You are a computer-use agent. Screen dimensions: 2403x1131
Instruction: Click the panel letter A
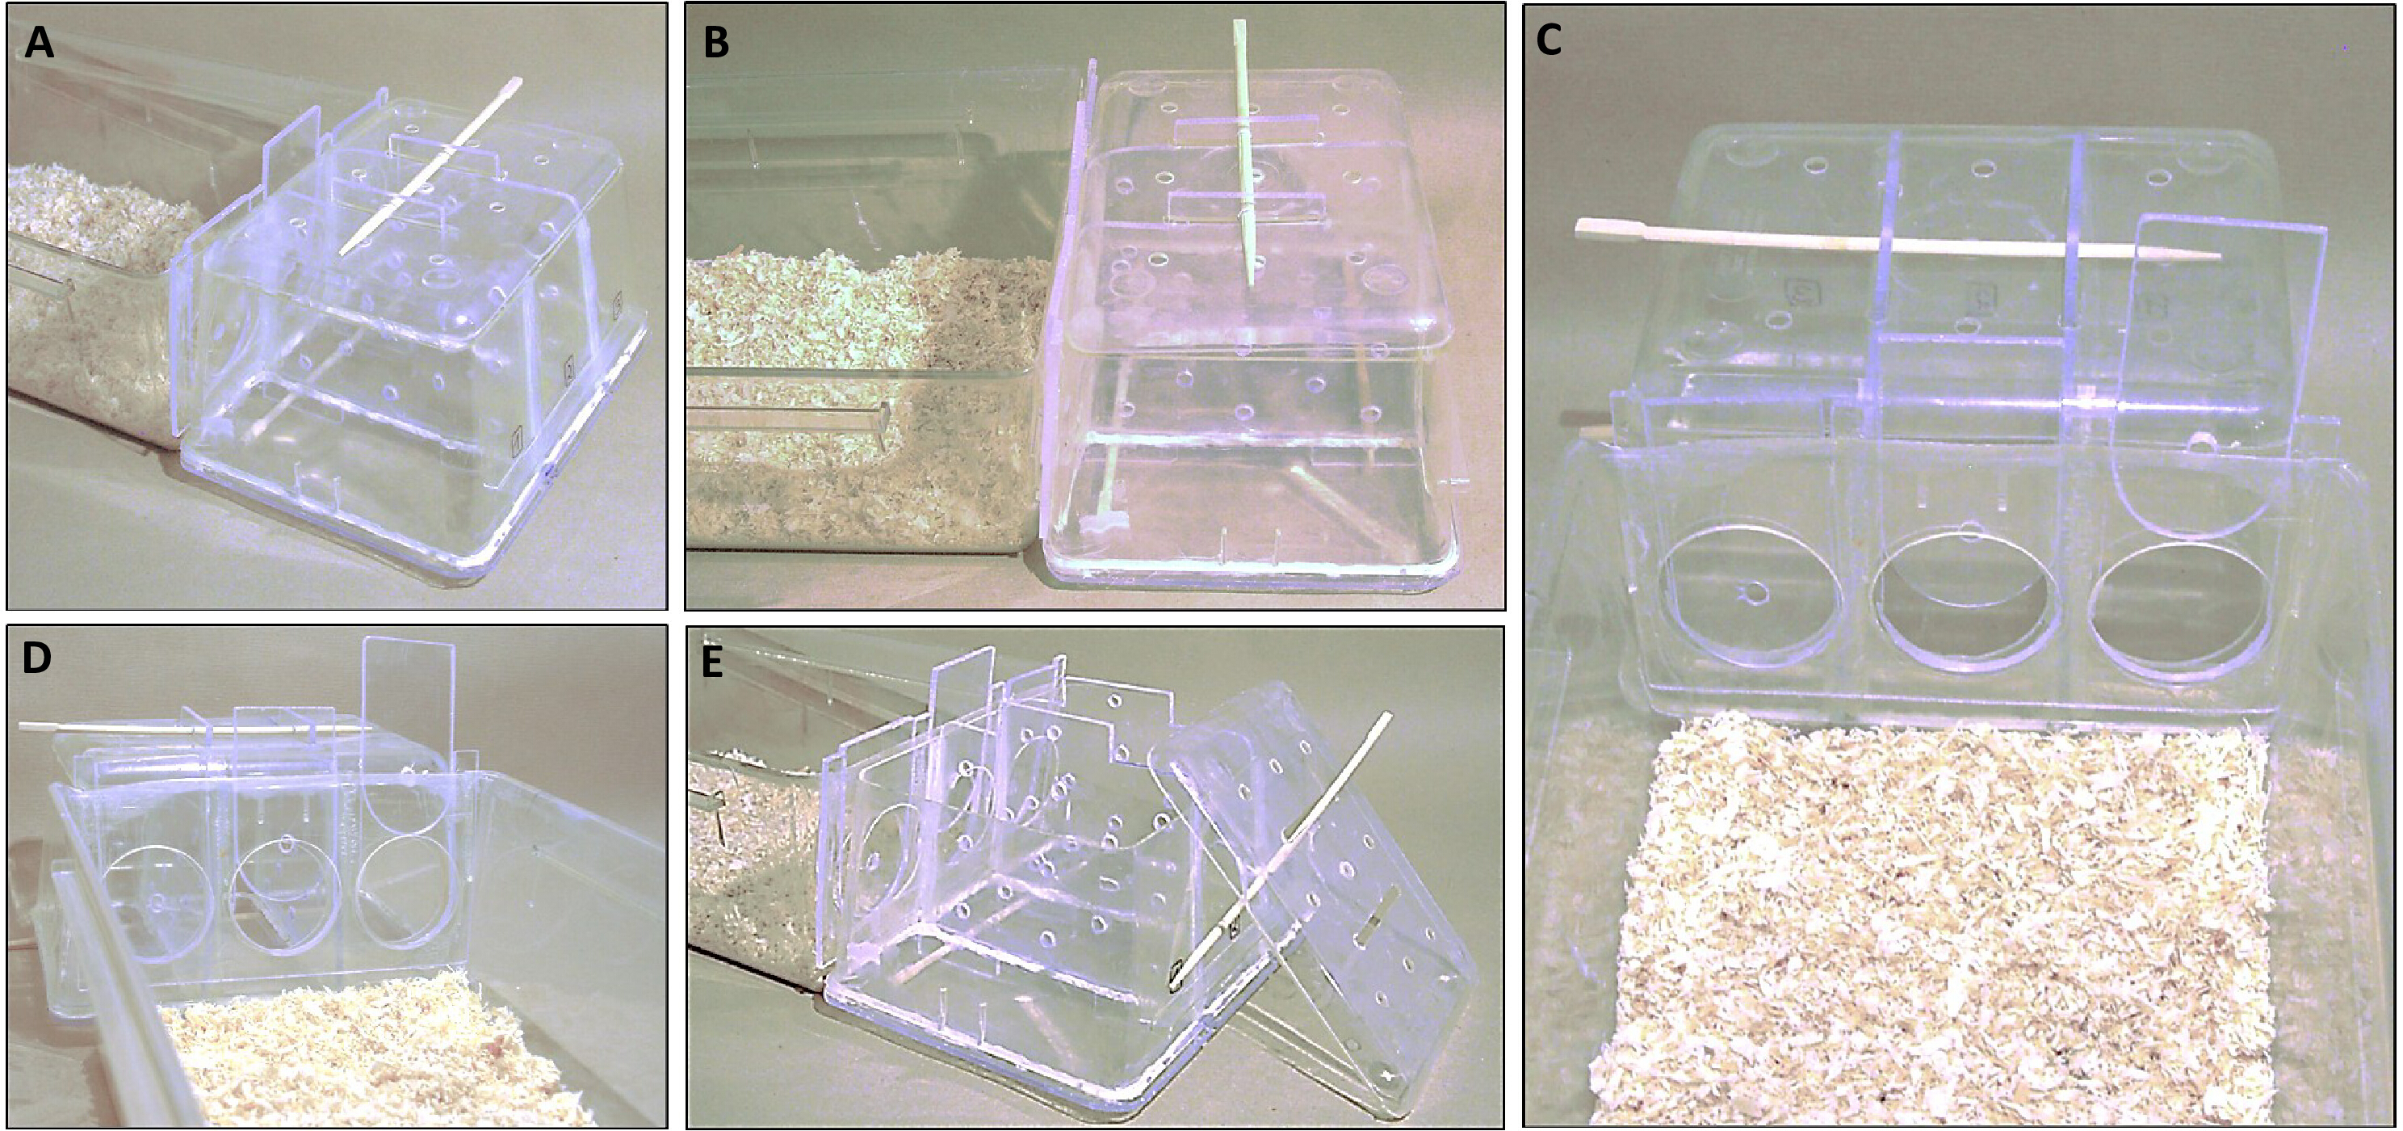pos(40,43)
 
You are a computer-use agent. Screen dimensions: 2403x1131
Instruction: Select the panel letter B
pos(716,43)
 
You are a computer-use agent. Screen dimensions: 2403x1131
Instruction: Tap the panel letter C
pos(1549,40)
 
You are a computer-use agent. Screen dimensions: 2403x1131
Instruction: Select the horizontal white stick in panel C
pos(1898,239)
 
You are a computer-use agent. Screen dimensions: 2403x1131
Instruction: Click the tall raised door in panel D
pos(408,704)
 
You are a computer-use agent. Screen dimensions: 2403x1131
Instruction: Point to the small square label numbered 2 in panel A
pos(565,372)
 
